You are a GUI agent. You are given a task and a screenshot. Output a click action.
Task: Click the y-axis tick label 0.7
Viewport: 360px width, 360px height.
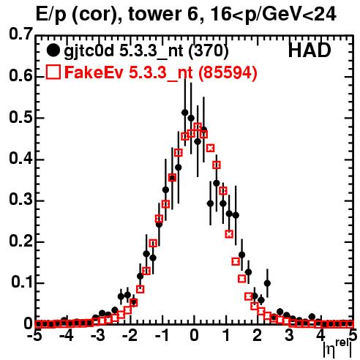tap(20, 34)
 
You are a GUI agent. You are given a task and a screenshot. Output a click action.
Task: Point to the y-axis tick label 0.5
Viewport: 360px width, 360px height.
tap(20, 118)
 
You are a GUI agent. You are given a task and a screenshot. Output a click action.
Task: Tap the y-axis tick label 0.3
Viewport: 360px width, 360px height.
tap(20, 200)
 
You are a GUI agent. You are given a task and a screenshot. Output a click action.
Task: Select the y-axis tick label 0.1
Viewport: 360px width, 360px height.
tap(22, 282)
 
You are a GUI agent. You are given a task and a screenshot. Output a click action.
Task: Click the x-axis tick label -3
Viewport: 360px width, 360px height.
tap(98, 336)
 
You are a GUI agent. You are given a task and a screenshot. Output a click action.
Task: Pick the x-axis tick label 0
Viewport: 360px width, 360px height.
tap(194, 336)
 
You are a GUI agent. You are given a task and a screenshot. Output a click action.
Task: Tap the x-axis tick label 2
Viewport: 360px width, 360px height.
tap(257, 336)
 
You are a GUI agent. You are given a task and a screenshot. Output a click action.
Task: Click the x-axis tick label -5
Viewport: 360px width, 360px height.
tap(35, 336)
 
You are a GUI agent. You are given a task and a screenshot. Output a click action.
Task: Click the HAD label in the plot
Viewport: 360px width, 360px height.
tap(310, 50)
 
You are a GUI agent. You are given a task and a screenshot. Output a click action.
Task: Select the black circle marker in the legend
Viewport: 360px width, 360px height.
tap(53, 50)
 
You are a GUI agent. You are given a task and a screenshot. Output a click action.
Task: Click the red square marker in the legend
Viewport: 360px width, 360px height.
tap(53, 72)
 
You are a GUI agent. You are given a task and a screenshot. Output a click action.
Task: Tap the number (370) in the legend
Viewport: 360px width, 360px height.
tap(209, 50)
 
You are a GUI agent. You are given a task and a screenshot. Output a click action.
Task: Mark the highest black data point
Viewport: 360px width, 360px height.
tap(185, 113)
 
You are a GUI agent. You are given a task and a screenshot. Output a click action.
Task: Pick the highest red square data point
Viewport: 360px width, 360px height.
tap(198, 127)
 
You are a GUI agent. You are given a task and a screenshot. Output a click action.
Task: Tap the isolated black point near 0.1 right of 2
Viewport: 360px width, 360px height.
tap(267, 283)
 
